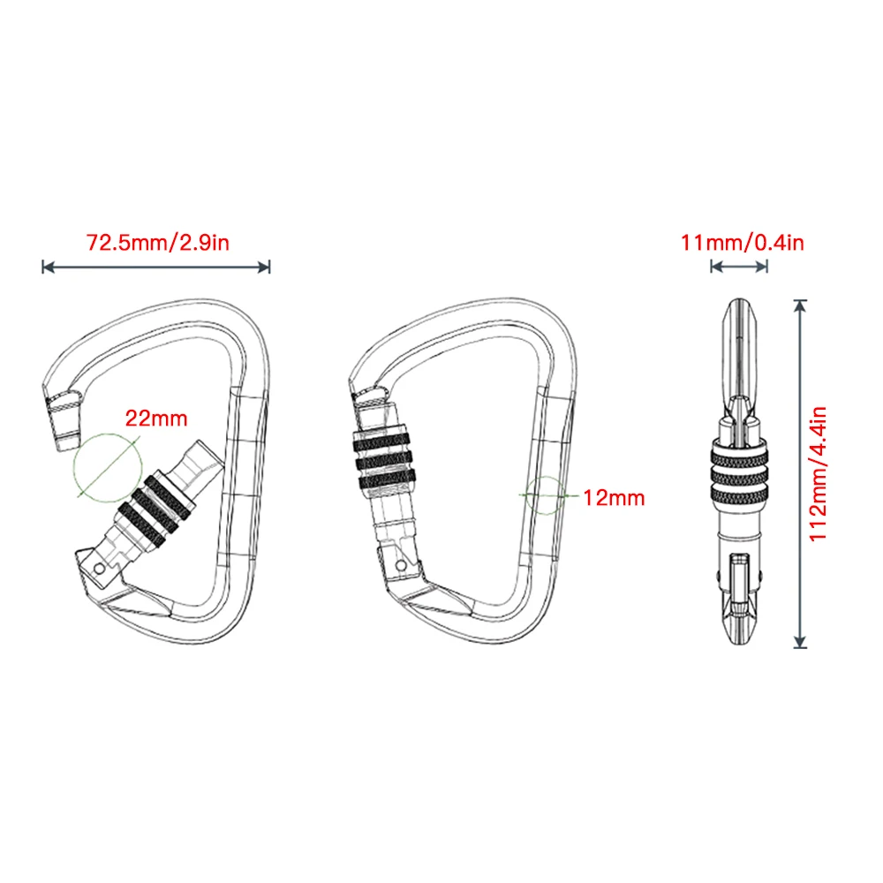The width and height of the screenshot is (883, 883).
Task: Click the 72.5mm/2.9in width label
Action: (157, 242)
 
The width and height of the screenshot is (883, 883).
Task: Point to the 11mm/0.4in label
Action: (742, 242)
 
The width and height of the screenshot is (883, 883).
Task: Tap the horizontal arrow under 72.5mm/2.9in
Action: (155, 266)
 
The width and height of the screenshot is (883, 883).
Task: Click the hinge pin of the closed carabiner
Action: (402, 563)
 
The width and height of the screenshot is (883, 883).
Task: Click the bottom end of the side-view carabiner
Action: (739, 641)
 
